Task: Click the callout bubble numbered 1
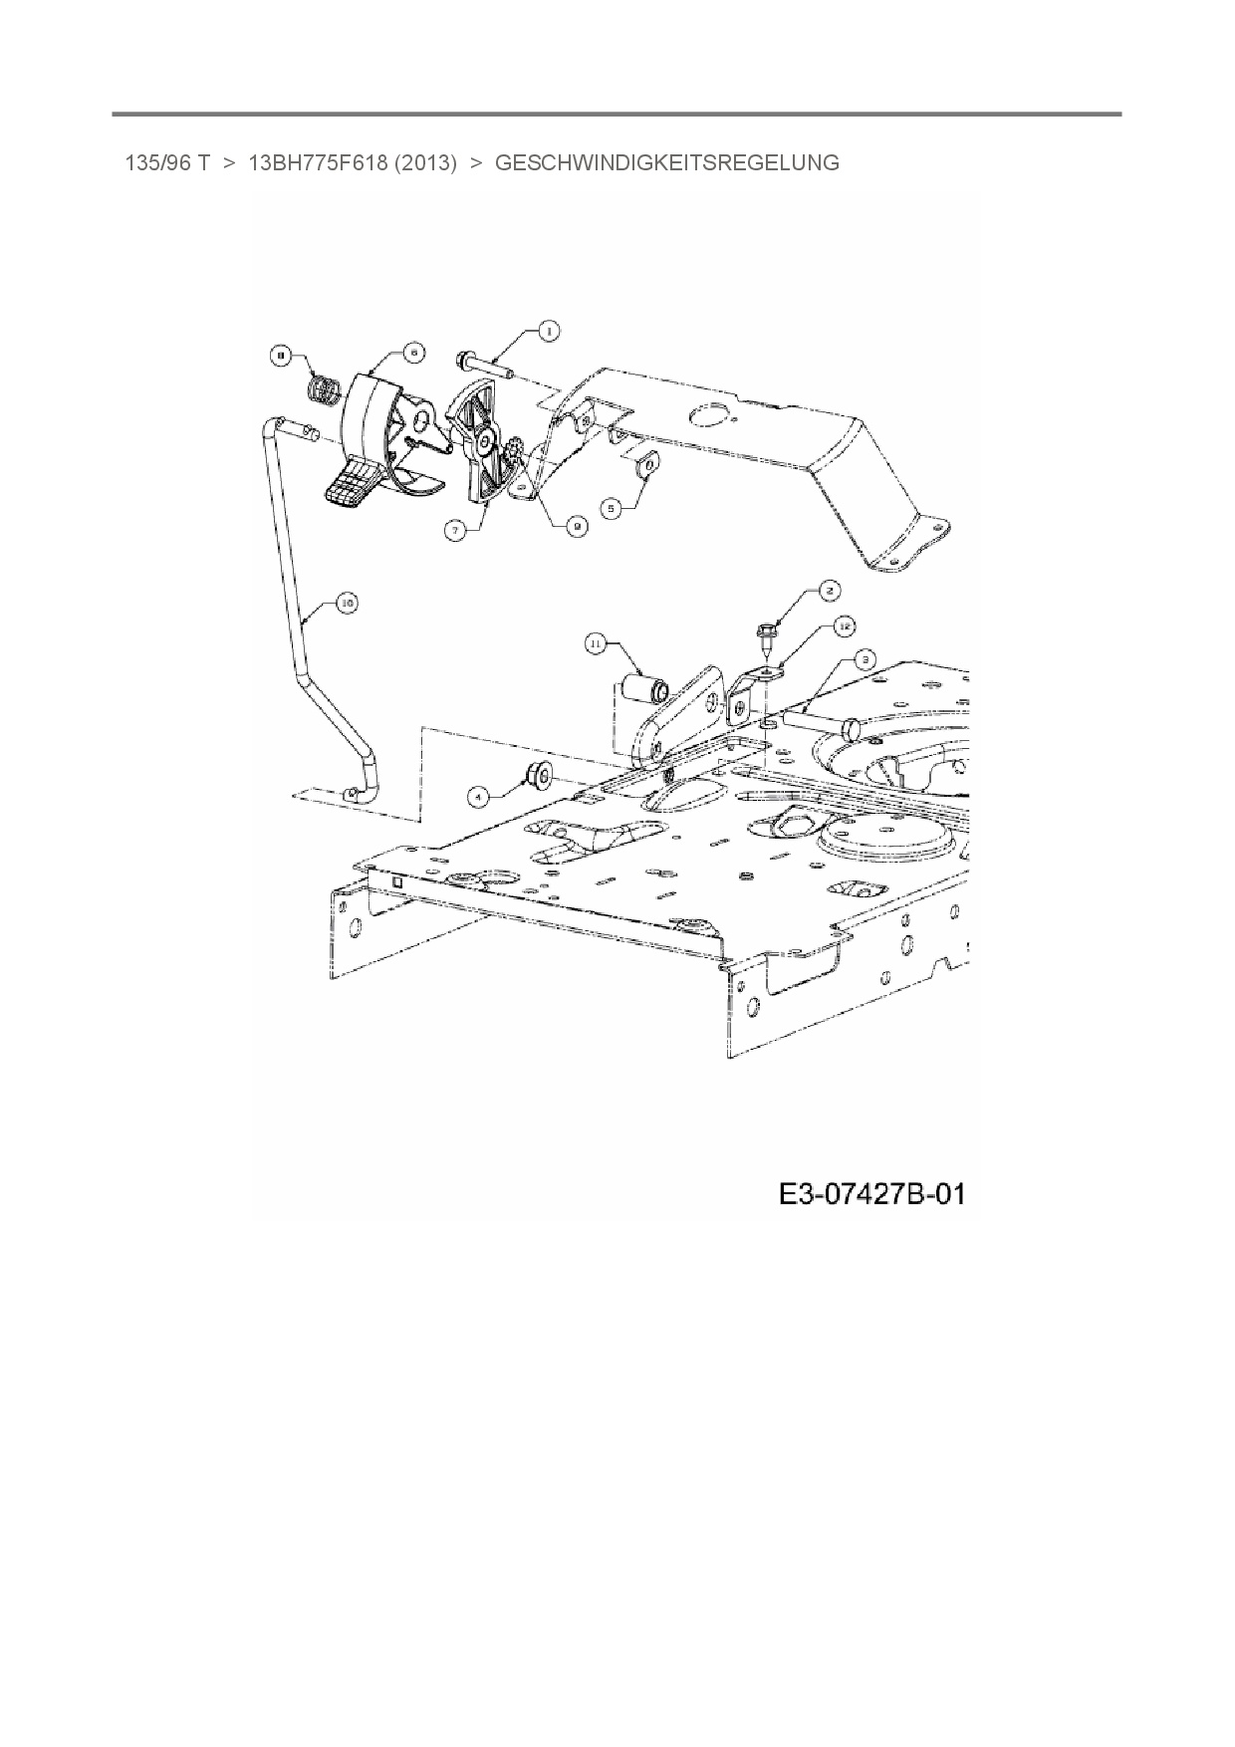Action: pos(548,332)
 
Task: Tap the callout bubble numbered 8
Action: pos(282,354)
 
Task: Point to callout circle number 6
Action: pos(412,351)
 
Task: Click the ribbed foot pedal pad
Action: pos(350,485)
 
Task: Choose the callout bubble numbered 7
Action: pos(455,531)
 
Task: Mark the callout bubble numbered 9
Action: pos(575,529)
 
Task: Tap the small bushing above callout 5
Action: pos(647,464)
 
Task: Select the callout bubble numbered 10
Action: pos(347,603)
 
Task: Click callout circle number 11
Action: pos(595,645)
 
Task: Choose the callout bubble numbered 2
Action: pos(829,591)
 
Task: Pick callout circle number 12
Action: pos(843,625)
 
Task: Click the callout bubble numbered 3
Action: pos(864,658)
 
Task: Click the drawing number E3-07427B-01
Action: pos(871,1193)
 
